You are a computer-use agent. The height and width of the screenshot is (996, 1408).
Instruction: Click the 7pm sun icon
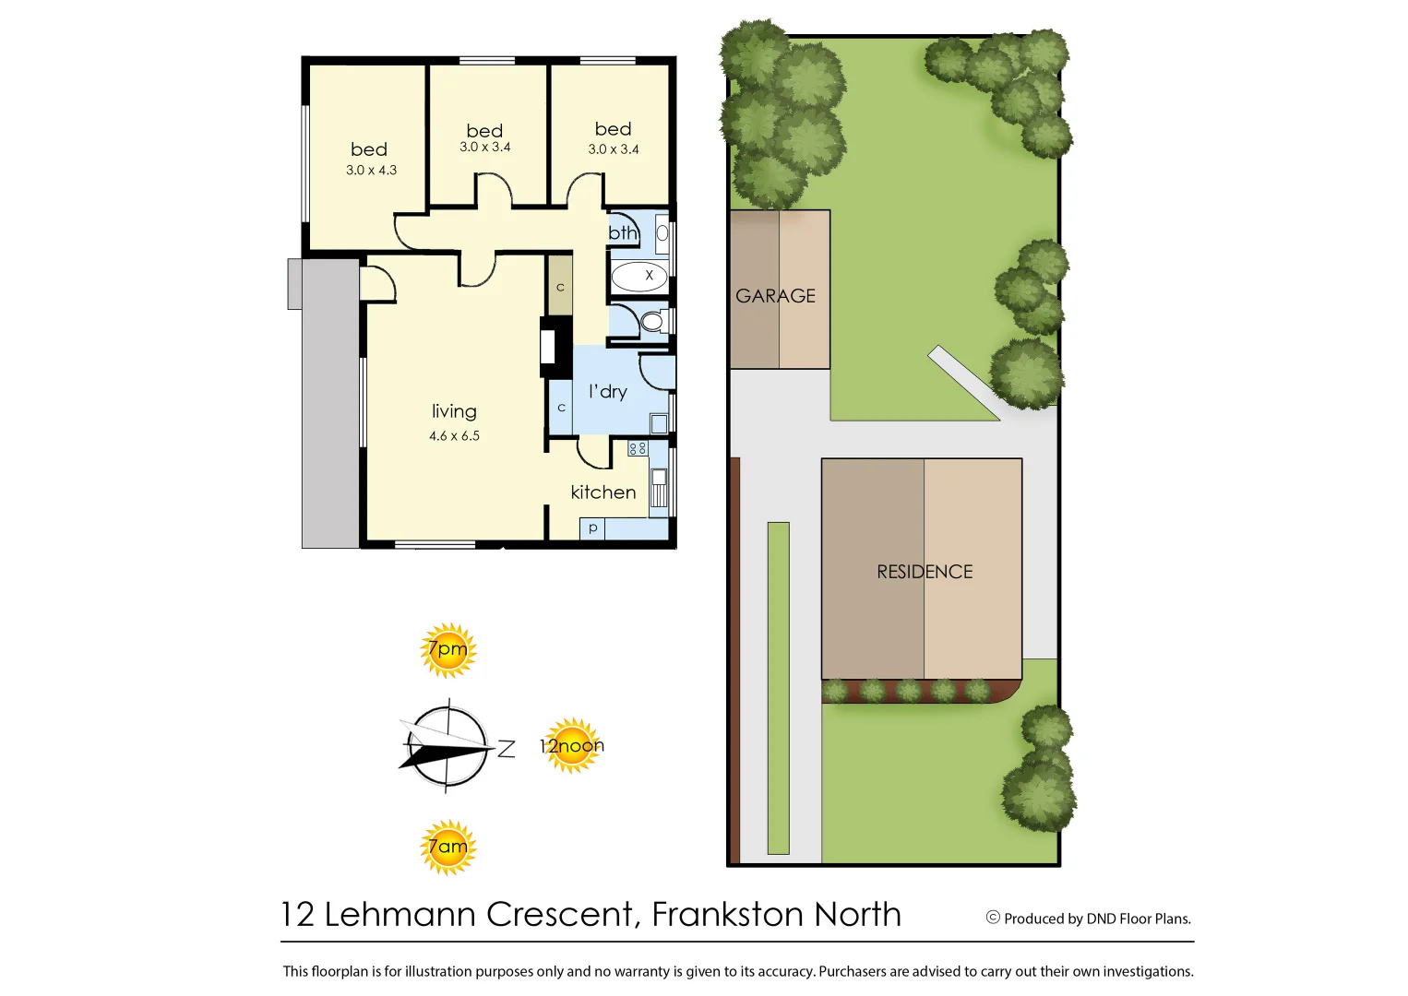[x=447, y=650]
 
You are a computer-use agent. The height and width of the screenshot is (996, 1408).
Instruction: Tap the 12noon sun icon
[x=572, y=745]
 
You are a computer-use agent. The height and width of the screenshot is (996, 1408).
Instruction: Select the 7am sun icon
[x=447, y=847]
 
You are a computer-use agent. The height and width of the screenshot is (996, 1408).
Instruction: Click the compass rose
[x=447, y=747]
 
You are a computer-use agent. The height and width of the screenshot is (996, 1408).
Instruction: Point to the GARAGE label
[x=775, y=296]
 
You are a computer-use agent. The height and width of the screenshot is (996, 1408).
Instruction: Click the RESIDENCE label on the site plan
[x=925, y=572]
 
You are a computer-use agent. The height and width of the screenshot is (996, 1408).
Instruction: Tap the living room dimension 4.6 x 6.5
[x=454, y=436]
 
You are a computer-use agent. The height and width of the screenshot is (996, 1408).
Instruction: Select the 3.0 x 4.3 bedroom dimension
[x=371, y=171]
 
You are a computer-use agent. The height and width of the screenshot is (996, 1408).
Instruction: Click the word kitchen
[x=603, y=492]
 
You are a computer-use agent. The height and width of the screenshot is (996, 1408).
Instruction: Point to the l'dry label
[x=608, y=392]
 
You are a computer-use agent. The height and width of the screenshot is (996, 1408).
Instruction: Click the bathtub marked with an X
[x=638, y=276]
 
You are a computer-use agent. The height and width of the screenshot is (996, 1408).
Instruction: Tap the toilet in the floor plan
[x=652, y=322]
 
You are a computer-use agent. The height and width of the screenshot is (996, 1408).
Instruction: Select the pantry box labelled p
[x=592, y=528]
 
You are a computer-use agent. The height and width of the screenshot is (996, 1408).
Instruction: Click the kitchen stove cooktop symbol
[x=638, y=448]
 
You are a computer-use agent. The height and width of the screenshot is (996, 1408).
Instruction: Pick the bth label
[x=623, y=233]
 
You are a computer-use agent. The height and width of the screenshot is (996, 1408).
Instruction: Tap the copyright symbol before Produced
[x=993, y=918]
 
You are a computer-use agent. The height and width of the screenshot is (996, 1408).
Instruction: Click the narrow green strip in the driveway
[x=778, y=687]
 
